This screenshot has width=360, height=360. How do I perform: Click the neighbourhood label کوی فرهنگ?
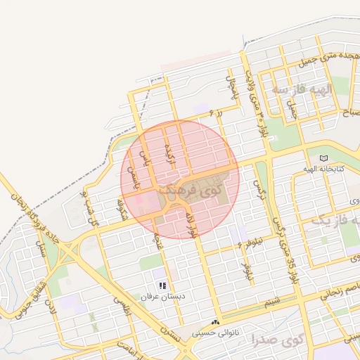point(189,190)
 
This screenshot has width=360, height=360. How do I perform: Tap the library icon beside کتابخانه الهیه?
point(323,157)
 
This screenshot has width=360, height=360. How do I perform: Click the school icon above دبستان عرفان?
point(162,285)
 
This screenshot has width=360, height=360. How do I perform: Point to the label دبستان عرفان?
point(162,297)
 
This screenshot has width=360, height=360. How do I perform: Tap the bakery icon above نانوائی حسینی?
point(215,321)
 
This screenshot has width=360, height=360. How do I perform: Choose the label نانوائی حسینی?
point(215,333)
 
